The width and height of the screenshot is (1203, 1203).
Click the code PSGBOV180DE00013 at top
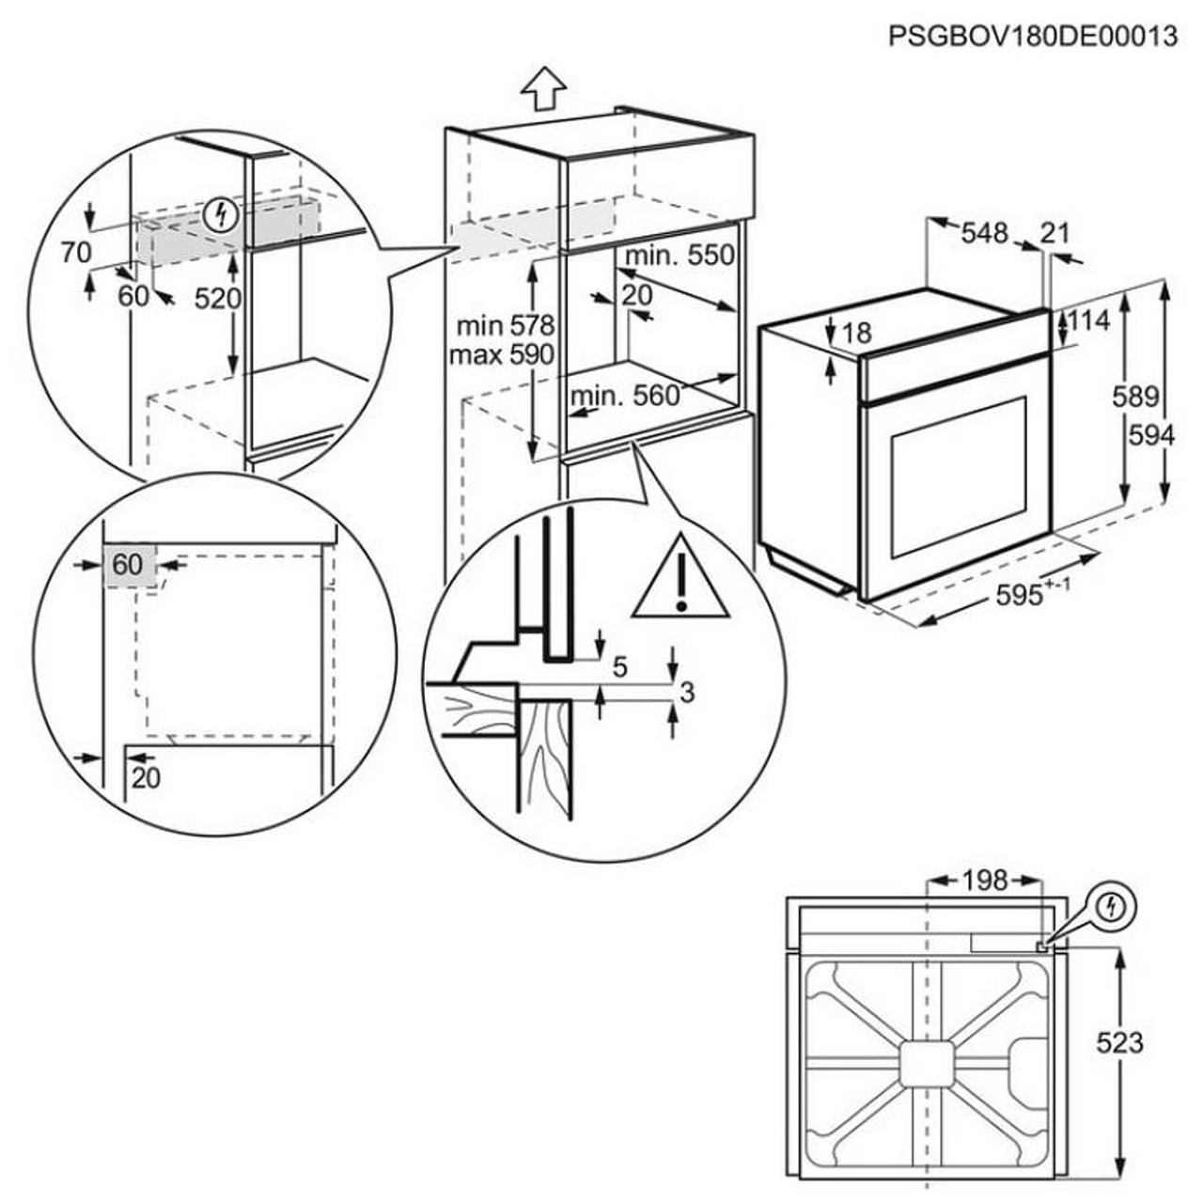pyautogui.click(x=1032, y=37)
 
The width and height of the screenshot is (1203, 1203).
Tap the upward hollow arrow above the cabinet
pyautogui.click(x=543, y=89)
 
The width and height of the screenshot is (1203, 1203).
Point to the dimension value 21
pyautogui.click(x=1055, y=232)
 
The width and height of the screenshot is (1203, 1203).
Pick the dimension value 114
pyautogui.click(x=1089, y=320)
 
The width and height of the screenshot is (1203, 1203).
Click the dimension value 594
pyautogui.click(x=1151, y=435)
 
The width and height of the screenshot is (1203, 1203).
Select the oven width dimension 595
pyautogui.click(x=1022, y=595)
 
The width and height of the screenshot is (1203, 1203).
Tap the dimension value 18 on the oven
pyautogui.click(x=856, y=332)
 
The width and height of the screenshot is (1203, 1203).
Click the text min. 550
pyautogui.click(x=680, y=255)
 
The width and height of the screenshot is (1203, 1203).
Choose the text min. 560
pyautogui.click(x=625, y=396)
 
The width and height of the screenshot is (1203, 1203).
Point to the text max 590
pyautogui.click(x=502, y=355)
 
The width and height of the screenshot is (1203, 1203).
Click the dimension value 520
pyautogui.click(x=218, y=298)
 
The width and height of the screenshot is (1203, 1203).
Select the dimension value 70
pyautogui.click(x=74, y=253)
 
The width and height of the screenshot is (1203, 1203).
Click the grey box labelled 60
pyautogui.click(x=128, y=565)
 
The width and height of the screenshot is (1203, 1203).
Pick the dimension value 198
pyautogui.click(x=984, y=881)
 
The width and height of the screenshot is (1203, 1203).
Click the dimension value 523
pyautogui.click(x=1120, y=1042)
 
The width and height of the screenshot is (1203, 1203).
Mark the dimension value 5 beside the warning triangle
pyautogui.click(x=619, y=667)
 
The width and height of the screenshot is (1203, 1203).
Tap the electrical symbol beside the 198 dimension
pyautogui.click(x=1113, y=907)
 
